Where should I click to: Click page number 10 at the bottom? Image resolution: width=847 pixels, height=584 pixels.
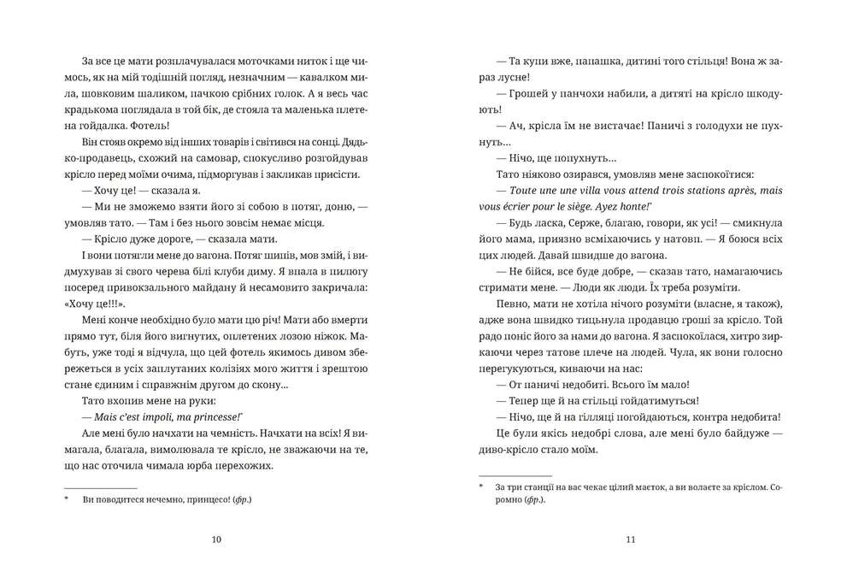click(215, 540)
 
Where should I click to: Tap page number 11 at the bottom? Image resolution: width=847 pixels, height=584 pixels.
click(630, 540)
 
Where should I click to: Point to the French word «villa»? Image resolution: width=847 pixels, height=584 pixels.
click(583, 190)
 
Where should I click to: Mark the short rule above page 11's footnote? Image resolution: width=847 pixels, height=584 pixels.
click(515, 475)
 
